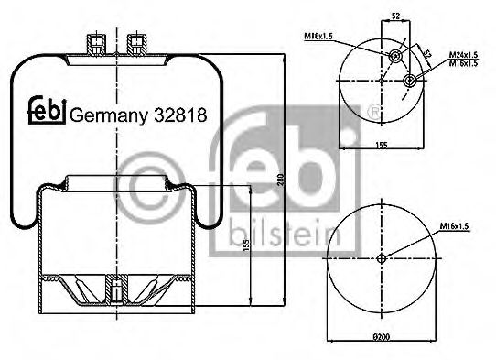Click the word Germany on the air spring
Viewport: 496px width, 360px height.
pos(109,115)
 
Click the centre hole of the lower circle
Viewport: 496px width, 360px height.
pos(380,257)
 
